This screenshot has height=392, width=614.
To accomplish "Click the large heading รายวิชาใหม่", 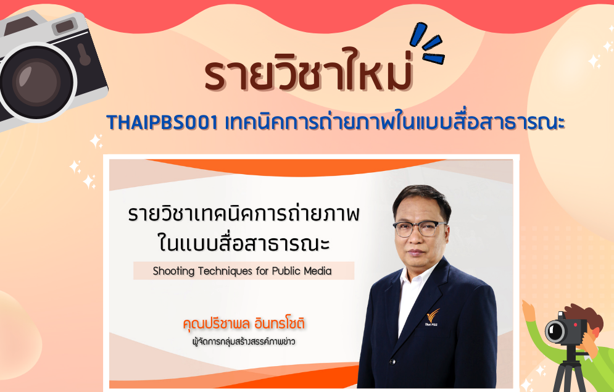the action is pos(309,70).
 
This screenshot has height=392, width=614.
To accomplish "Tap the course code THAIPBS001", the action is pos(162,123).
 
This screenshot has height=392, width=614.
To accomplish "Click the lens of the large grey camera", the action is pos(37,83).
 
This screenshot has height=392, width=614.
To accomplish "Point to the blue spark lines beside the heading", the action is pos(427,44).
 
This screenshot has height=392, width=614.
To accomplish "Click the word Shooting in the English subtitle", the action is pos(173,271).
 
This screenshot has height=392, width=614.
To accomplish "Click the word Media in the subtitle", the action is pos(318,270).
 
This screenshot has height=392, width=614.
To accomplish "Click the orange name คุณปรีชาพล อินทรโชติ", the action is pos(244,324).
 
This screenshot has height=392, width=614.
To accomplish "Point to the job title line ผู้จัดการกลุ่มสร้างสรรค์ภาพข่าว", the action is pos(243,342).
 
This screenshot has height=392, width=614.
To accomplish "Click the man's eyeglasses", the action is pos(420,228).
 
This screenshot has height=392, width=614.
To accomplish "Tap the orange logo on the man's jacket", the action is pos(433,317).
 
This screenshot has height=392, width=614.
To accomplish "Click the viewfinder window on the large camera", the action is pos(65,27).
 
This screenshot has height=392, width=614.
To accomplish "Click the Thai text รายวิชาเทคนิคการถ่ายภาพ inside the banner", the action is pos(244,214).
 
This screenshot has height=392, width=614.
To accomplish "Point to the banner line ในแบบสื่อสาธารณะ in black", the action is pos(244,243).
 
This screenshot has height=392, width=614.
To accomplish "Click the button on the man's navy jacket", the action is pos(392,362).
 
